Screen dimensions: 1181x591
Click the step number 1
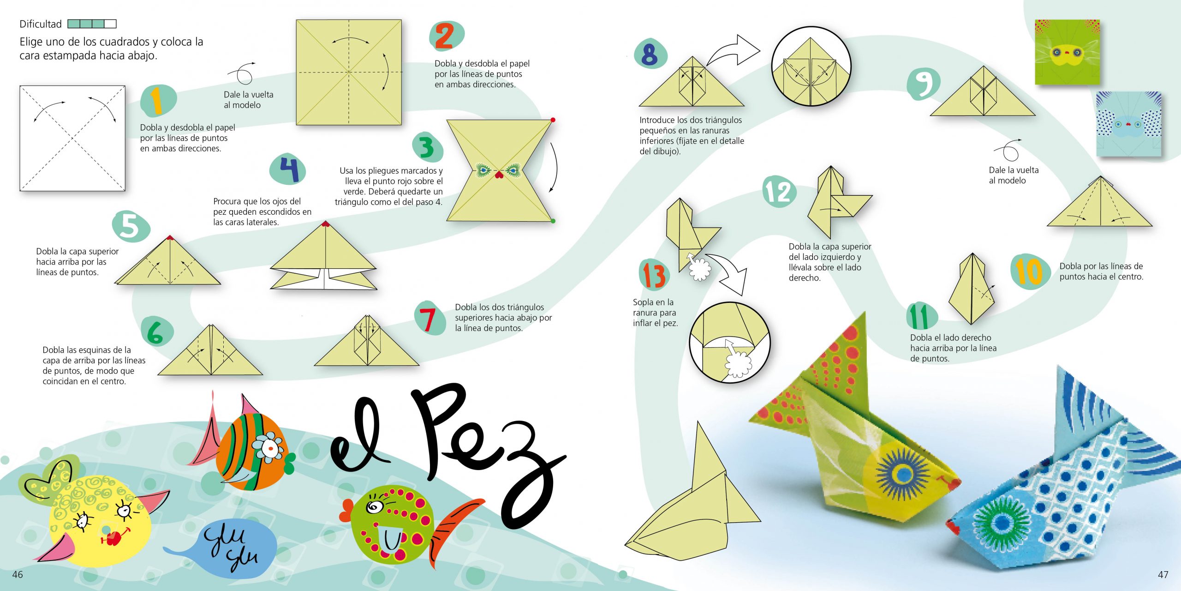coord(157,101)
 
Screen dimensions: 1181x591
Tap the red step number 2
coord(444,36)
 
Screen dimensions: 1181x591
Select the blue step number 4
coord(290,169)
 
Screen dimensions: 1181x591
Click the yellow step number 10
coord(1029,271)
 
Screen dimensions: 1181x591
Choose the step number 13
coord(654,275)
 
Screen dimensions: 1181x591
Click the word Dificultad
coord(41,24)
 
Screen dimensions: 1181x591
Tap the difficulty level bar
coord(92,24)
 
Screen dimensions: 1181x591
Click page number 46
coord(18,574)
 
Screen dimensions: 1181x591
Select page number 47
coord(1163,574)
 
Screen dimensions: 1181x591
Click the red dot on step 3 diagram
coord(553,120)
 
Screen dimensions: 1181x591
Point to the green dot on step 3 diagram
coord(553,221)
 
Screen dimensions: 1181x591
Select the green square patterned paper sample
coord(1067,52)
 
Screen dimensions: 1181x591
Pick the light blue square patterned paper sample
coord(1129,124)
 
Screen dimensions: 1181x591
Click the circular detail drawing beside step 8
coord(811,66)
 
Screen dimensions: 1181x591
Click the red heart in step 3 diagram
coord(499,175)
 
